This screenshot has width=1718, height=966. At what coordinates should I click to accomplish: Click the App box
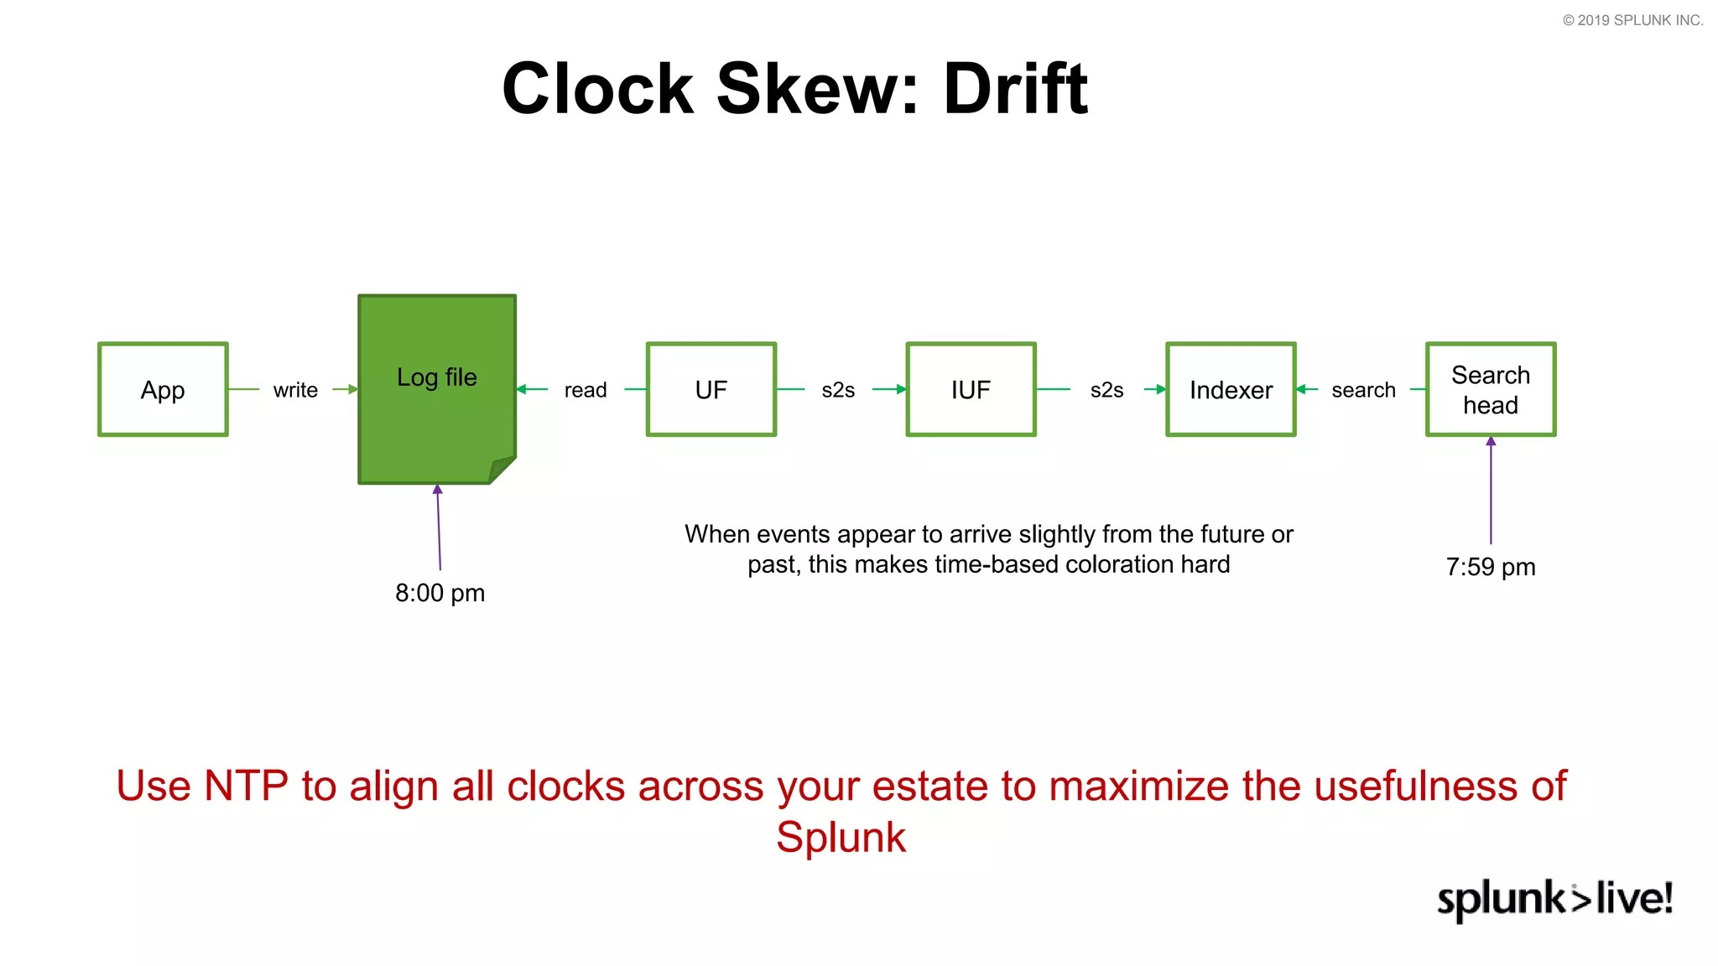[163, 389]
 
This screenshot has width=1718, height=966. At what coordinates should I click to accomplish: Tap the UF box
[711, 389]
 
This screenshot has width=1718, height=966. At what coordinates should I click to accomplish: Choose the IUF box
[971, 389]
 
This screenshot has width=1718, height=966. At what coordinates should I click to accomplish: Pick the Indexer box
[1231, 389]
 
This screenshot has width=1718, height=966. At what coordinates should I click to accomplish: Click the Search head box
[1491, 389]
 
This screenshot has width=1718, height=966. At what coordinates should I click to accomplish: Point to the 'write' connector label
[295, 390]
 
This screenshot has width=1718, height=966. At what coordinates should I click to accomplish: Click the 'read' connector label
[586, 390]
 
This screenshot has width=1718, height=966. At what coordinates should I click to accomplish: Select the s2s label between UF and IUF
[838, 390]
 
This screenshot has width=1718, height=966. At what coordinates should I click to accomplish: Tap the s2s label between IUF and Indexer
[1106, 390]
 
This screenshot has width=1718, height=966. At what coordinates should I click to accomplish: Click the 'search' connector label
[1363, 390]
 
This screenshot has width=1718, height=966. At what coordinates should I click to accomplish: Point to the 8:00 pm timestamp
[440, 593]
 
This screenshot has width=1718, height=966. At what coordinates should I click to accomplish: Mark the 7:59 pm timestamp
[1491, 567]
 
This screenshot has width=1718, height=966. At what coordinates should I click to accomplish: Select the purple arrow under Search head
[1491, 491]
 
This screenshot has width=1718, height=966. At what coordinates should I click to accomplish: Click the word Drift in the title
[1015, 89]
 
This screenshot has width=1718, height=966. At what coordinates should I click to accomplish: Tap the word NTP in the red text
[246, 787]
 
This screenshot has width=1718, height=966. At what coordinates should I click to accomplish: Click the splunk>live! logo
[1554, 898]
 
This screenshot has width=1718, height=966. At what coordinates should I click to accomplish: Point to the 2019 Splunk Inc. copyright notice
[1632, 20]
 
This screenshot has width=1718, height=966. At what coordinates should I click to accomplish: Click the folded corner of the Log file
[502, 469]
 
